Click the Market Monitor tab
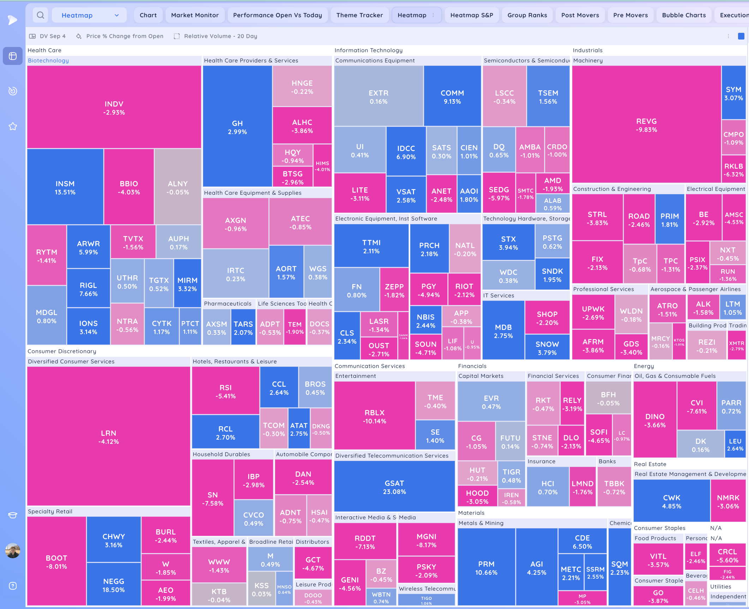point(194,15)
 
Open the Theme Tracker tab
point(359,15)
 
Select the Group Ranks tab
point(527,15)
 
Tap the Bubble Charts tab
point(684,15)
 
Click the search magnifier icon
point(41,15)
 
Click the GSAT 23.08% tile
point(394,487)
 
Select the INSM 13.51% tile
point(65,187)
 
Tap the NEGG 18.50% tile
point(113,585)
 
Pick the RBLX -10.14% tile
point(374,416)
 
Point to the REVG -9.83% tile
point(646,125)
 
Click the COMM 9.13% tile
point(452,97)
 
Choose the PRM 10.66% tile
point(486,568)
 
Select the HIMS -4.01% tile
point(322,166)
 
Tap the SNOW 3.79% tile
point(547,348)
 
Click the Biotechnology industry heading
point(48,60)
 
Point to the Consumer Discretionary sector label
point(62,351)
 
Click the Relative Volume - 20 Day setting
point(220,36)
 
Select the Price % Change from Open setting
point(125,36)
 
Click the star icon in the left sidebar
point(13,126)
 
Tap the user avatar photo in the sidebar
point(13,550)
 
